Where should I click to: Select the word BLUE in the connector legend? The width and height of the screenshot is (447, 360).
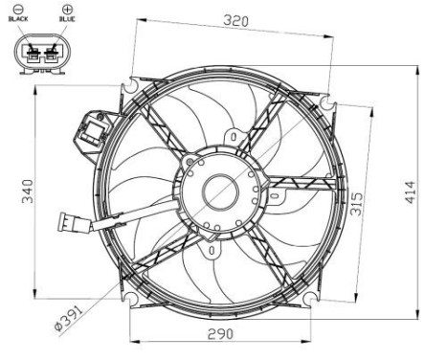point(67,18)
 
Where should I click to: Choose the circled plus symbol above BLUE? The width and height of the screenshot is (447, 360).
point(67,9)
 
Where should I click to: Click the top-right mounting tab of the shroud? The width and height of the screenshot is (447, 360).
point(330,101)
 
